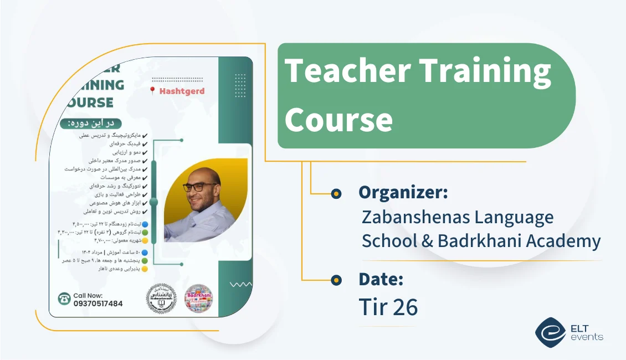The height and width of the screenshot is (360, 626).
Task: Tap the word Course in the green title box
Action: (338, 119)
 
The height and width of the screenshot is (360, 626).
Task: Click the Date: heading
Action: (381, 280)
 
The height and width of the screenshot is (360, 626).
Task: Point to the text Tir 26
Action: (388, 307)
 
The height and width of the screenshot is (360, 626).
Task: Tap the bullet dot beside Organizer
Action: (336, 193)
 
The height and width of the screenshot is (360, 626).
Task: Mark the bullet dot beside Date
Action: (336, 280)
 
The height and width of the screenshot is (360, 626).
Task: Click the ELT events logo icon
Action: (550, 331)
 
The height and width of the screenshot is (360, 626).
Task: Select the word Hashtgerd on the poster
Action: (182, 91)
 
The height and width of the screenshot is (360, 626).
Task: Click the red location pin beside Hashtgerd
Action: (152, 91)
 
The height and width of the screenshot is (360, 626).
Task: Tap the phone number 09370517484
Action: (98, 304)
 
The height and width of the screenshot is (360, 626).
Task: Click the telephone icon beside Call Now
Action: (64, 299)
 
